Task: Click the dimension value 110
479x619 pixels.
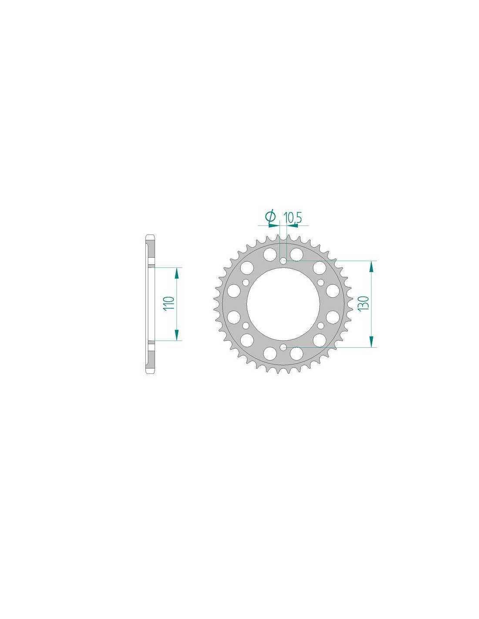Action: pyautogui.click(x=169, y=304)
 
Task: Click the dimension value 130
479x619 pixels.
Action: pyautogui.click(x=364, y=304)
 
